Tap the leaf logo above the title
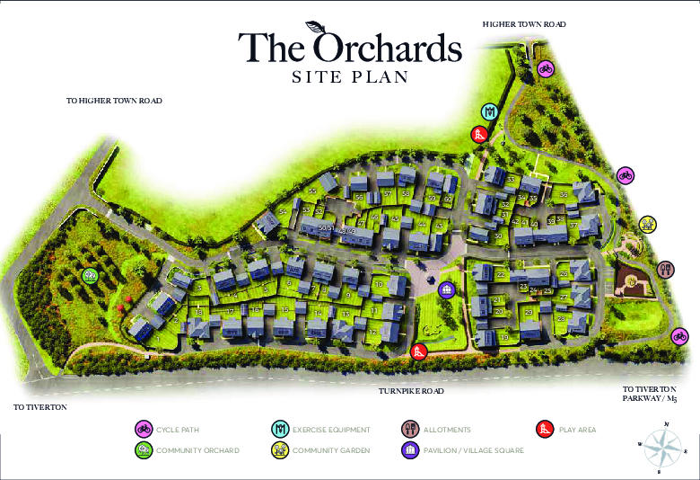(316, 27)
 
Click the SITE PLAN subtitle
(350, 77)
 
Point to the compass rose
(661, 444)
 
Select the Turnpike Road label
(410, 391)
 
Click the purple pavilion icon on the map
(446, 289)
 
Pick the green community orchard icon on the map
(89, 275)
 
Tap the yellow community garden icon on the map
(647, 223)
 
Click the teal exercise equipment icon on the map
(489, 111)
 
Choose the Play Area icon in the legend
(542, 430)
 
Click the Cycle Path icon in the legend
(142, 430)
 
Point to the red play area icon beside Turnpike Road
(417, 351)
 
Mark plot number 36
(564, 194)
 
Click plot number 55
(312, 191)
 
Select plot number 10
(379, 285)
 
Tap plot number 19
(505, 337)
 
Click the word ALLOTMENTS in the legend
(447, 430)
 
